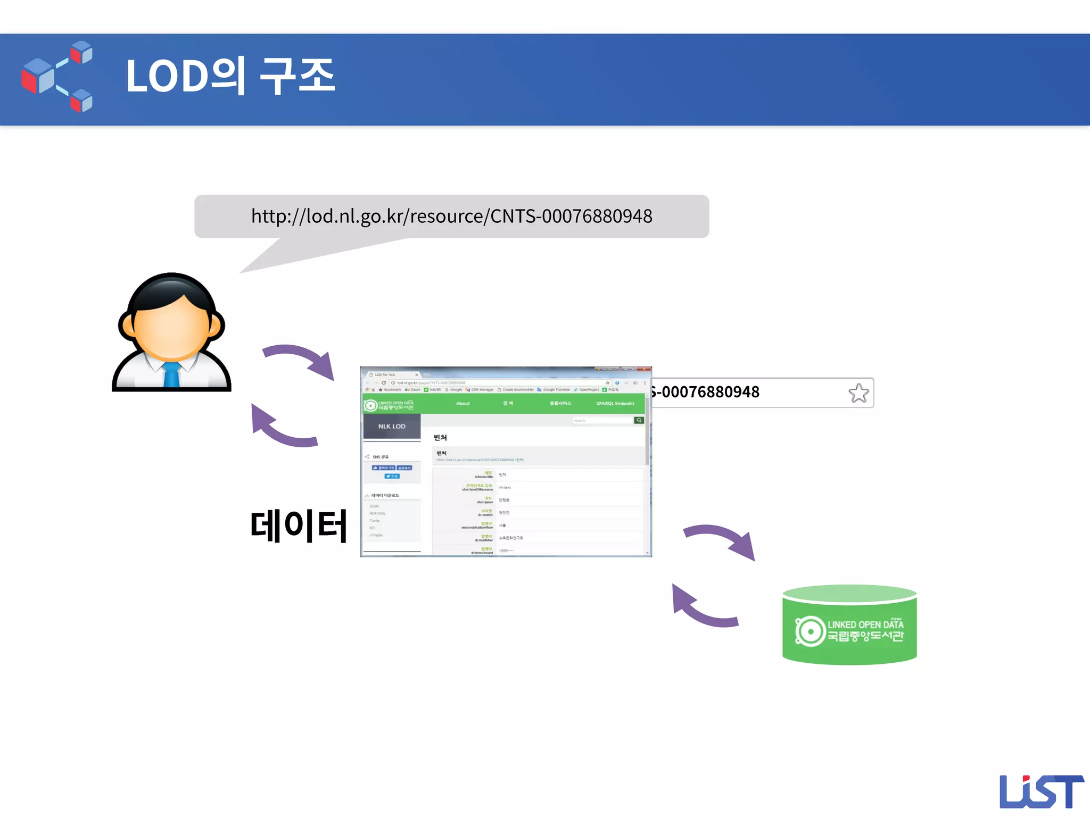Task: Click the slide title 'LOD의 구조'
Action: click(230, 76)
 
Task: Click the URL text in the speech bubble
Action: click(451, 216)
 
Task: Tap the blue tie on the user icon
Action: click(171, 373)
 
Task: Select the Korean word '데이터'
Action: click(299, 526)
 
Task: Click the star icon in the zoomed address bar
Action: click(858, 393)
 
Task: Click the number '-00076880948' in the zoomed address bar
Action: click(706, 392)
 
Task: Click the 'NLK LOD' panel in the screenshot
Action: click(392, 426)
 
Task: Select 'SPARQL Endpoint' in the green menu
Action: click(615, 404)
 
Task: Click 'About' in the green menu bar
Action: click(463, 404)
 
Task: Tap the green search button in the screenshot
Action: click(639, 420)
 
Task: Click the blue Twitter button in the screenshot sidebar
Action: click(392, 476)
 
